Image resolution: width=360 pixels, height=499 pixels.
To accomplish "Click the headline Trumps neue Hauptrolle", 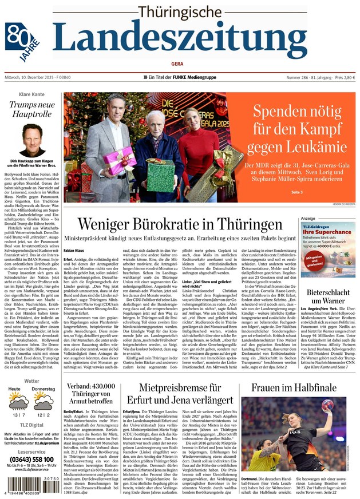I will pyautogui.click(x=32, y=110).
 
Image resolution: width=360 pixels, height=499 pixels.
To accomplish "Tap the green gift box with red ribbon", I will pyautogui.click(x=158, y=174).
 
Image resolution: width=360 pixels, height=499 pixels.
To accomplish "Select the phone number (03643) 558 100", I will pyautogui.click(x=31, y=459).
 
